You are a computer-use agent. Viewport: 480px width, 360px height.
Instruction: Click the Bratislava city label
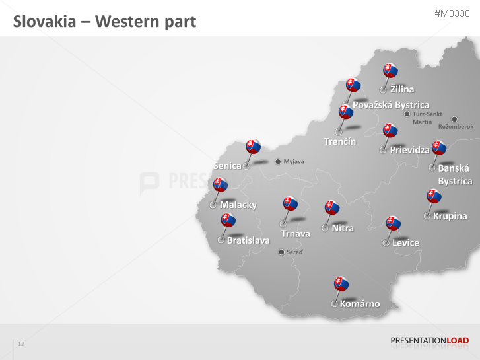(x=248, y=240)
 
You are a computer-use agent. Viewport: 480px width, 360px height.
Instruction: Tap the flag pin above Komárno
(x=341, y=284)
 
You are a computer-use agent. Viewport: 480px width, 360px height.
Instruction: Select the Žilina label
(x=402, y=89)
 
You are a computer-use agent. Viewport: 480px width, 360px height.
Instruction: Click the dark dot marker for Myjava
(x=278, y=161)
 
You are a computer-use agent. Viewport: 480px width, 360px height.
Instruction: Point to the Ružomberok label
(x=456, y=126)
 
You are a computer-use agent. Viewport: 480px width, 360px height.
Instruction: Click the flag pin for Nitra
(x=333, y=208)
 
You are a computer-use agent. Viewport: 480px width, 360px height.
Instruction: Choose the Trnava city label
(x=295, y=234)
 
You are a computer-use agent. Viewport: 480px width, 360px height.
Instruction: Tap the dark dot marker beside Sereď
(x=282, y=252)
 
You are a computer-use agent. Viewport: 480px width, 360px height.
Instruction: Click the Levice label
(x=405, y=242)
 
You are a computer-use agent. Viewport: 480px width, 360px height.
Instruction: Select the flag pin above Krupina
(x=434, y=196)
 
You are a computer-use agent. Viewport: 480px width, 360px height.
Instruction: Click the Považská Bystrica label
(x=390, y=105)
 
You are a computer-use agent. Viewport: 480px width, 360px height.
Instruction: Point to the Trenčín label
(x=340, y=141)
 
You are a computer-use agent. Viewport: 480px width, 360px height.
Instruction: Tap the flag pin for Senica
(x=253, y=147)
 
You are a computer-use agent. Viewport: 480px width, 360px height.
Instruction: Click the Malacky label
(x=238, y=205)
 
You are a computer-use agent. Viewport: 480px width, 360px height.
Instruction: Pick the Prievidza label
(x=409, y=150)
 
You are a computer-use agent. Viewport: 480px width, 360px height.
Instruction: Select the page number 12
(x=21, y=344)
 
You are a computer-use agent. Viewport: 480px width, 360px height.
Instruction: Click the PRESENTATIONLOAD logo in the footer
(x=429, y=341)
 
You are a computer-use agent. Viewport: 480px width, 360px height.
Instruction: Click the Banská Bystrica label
(x=455, y=174)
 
